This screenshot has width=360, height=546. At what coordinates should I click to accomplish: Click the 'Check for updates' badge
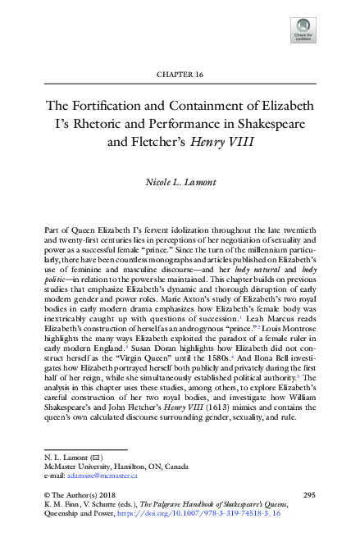coord(303,30)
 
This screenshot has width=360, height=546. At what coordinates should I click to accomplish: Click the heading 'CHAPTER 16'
coord(180,75)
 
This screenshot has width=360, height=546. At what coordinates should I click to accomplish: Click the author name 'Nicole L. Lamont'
coord(180,180)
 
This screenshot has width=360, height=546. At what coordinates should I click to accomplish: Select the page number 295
coord(309,495)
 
